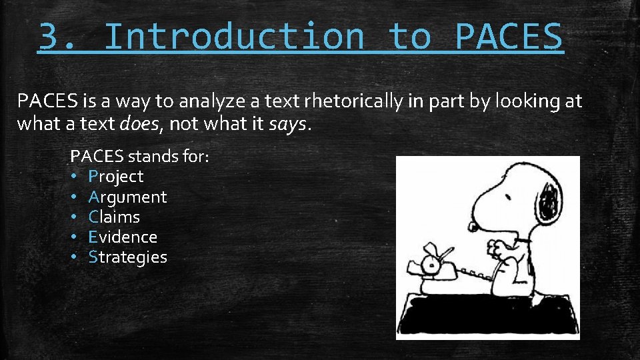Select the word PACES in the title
coord(509,37)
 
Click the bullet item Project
coord(116,177)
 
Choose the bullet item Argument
coord(127,197)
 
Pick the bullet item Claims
coord(114,217)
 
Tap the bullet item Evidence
coord(123,237)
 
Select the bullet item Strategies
coord(127,257)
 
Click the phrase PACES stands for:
coord(141,157)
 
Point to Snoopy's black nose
coord(473,227)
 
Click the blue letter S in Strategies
coord(93,257)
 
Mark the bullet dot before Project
coord(75,177)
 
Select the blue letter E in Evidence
coord(93,237)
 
